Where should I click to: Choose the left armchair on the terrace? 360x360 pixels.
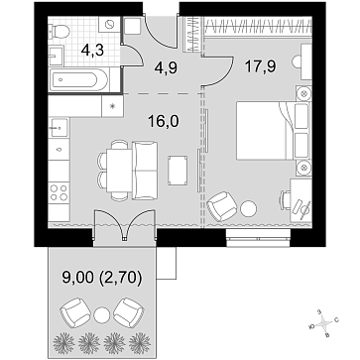(x=75, y=313)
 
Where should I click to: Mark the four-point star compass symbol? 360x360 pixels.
(x=321, y=322)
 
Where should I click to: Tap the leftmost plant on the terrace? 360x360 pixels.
(x=61, y=341)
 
